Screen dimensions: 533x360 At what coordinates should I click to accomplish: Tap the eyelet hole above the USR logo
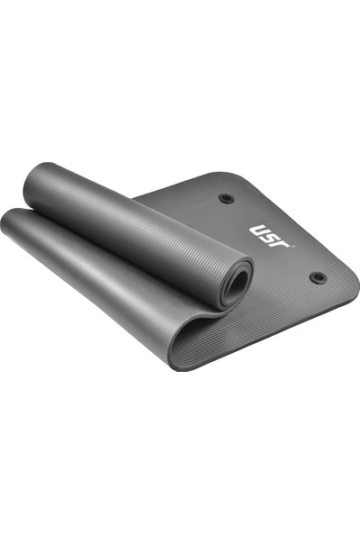click(226, 197)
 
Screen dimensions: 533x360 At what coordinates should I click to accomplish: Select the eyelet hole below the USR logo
click(318, 277)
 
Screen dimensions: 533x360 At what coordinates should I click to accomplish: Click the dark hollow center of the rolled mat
click(238, 285)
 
